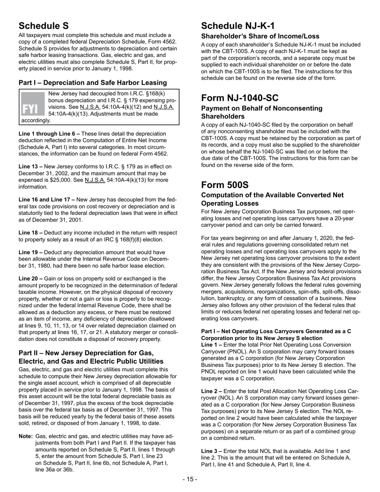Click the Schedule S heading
click(x=44, y=26)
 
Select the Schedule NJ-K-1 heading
click(x=238, y=26)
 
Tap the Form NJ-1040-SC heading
click(x=245, y=98)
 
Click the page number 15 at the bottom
click(x=190, y=479)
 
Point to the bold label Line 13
click(x=29, y=166)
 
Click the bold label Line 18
click(x=29, y=232)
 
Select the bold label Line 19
click(x=29, y=252)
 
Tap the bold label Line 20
click(x=29, y=278)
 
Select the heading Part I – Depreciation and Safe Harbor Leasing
click(x=93, y=83)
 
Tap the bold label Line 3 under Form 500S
click(x=212, y=451)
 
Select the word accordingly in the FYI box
click(x=36, y=120)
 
